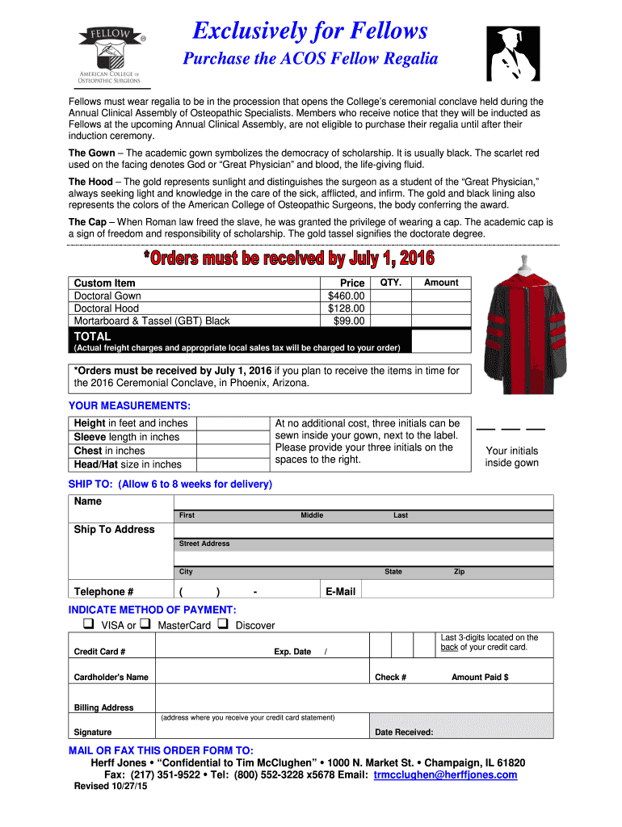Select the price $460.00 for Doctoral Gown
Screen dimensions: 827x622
pos(347,296)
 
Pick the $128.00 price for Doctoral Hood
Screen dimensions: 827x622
pos(347,309)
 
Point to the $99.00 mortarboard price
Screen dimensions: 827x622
pos(350,321)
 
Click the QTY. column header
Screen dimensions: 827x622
pos(391,283)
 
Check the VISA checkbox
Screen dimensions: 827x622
pos(88,624)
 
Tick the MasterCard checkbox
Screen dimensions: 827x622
pos(145,624)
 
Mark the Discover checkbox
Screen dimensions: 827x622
pos(222,624)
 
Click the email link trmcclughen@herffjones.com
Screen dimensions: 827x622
pos(445,775)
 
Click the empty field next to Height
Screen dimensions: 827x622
pos(233,423)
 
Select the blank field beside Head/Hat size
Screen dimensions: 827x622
pos(233,464)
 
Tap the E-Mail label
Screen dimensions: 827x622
pos(340,592)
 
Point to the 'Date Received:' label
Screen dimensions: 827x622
pos(404,733)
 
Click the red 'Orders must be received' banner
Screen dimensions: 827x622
pos(288,258)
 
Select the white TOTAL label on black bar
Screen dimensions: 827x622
pos(92,336)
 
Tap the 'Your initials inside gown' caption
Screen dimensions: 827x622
pos(511,456)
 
